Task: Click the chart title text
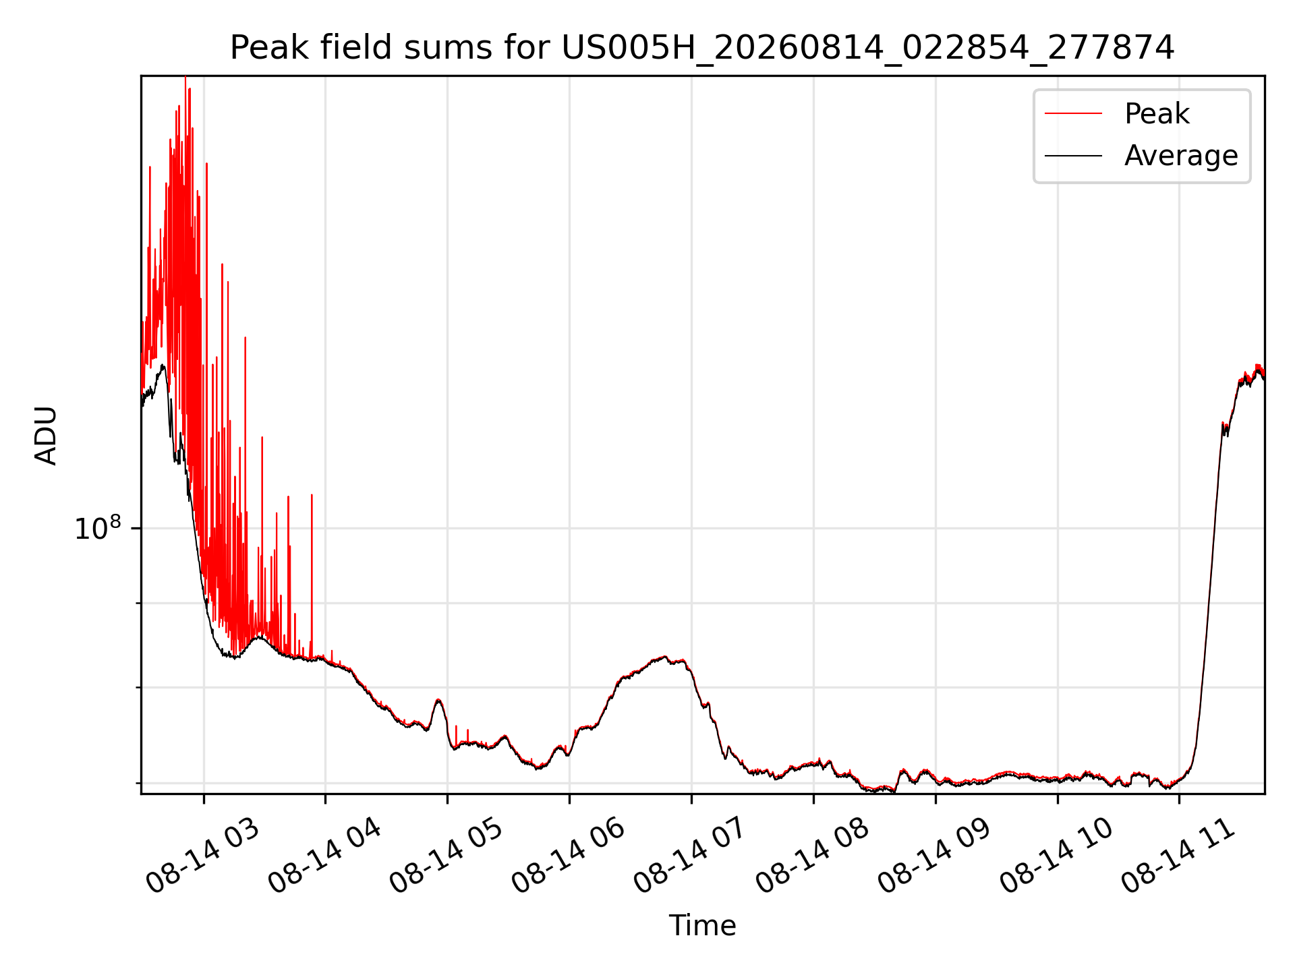(x=702, y=48)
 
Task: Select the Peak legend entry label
(x=1157, y=113)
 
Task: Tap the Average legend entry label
(x=1181, y=156)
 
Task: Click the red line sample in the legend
(x=1073, y=113)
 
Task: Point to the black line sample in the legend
(x=1073, y=156)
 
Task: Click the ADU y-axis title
(x=46, y=435)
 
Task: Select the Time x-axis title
(x=702, y=925)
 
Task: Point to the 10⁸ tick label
(x=97, y=528)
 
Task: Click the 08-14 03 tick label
(x=202, y=856)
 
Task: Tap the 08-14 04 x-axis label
(x=324, y=856)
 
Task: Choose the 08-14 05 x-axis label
(x=447, y=856)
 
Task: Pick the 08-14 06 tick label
(x=569, y=856)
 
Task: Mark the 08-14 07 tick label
(x=691, y=856)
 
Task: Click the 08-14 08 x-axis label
(x=813, y=856)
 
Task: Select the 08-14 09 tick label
(x=935, y=856)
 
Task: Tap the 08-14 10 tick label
(x=1057, y=856)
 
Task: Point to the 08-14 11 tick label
(x=1179, y=856)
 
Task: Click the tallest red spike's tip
(x=185, y=78)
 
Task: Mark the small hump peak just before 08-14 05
(x=439, y=700)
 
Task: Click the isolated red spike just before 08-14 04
(x=312, y=495)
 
